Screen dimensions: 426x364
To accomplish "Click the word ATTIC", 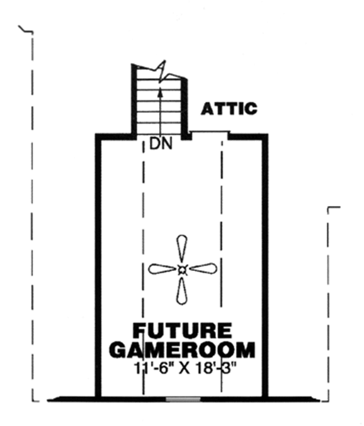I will tap(229, 109).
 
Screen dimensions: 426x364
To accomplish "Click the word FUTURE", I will tap(181, 331).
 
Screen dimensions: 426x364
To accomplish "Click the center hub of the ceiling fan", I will tap(181, 270).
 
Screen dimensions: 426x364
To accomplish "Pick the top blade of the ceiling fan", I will tap(181, 249).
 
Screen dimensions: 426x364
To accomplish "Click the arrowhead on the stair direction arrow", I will tap(160, 92).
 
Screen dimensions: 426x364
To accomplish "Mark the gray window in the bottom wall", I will tap(183, 399).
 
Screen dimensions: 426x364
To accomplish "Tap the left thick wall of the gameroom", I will tap(97, 267).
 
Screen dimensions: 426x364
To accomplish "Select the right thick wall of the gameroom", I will tap(265, 267).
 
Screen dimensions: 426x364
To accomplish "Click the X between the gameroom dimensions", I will tap(184, 368).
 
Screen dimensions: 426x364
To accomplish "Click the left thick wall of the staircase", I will tap(134, 100).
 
